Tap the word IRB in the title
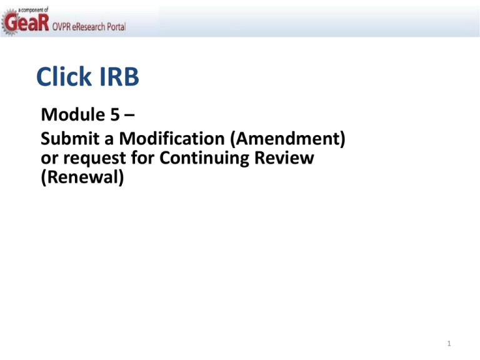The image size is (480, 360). click(x=119, y=76)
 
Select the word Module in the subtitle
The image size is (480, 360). click(x=73, y=114)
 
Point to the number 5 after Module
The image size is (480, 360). click(x=115, y=115)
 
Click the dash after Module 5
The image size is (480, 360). click(x=129, y=116)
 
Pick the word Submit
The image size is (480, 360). click(x=70, y=138)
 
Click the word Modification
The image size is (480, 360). click(x=172, y=138)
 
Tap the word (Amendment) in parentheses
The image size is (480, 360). click(x=287, y=139)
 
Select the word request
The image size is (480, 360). click(x=94, y=159)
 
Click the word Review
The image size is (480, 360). click(x=284, y=157)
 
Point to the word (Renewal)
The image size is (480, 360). click(x=82, y=177)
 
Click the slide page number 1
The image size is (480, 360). click(x=449, y=344)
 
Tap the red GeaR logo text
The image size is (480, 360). click(x=27, y=22)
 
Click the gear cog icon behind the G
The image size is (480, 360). click(x=9, y=22)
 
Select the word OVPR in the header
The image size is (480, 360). click(x=61, y=27)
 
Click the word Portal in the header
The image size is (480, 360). click(x=116, y=27)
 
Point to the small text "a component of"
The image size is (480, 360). click(x=33, y=10)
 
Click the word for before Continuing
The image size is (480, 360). click(x=142, y=157)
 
